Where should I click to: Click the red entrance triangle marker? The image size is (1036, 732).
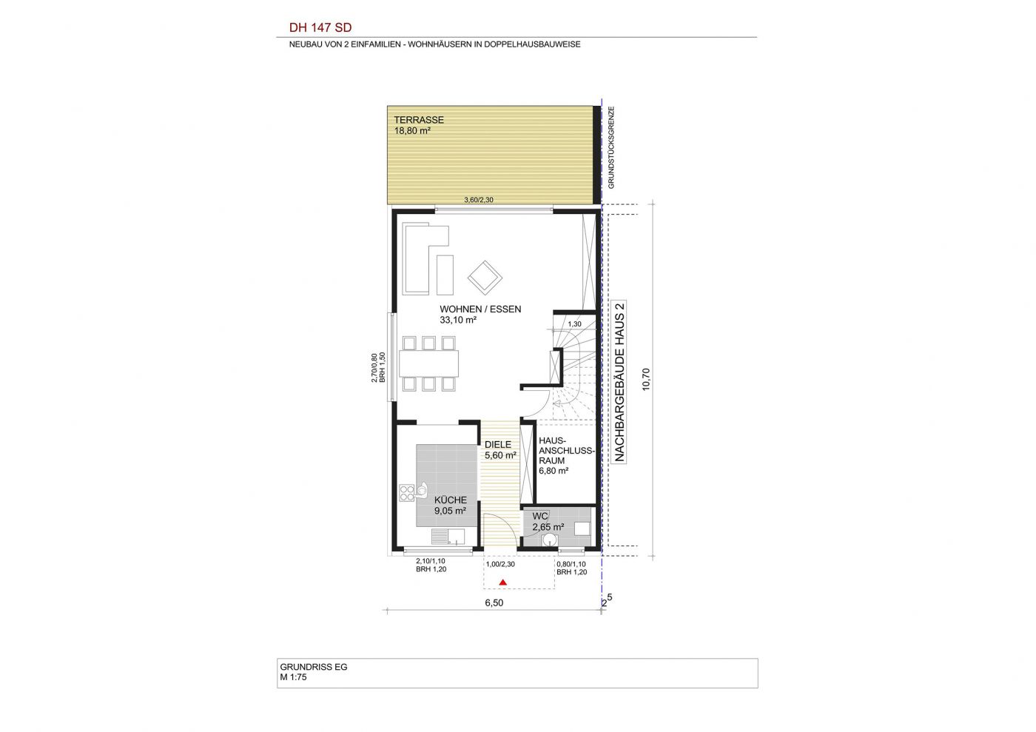[502, 582]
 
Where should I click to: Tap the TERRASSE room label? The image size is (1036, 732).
[419, 120]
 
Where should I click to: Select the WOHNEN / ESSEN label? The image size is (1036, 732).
[480, 309]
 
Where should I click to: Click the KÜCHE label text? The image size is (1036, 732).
[450, 500]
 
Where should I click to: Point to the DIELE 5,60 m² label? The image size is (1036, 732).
[500, 450]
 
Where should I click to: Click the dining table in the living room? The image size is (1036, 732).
[428, 363]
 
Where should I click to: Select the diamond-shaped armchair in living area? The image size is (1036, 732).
[485, 278]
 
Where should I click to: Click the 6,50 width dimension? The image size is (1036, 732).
[494, 603]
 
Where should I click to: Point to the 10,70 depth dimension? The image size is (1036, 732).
[646, 379]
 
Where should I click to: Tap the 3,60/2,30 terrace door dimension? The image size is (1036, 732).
[479, 200]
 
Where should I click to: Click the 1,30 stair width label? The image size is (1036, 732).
[574, 324]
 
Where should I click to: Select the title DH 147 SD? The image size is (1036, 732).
[320, 28]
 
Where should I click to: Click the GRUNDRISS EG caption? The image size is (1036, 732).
[314, 667]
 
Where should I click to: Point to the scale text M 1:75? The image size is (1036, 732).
[293, 677]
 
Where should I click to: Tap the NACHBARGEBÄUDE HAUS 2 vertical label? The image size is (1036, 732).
[619, 381]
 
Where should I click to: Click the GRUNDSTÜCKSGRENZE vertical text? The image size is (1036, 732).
[611, 147]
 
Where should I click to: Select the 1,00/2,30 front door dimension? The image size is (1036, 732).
[500, 565]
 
